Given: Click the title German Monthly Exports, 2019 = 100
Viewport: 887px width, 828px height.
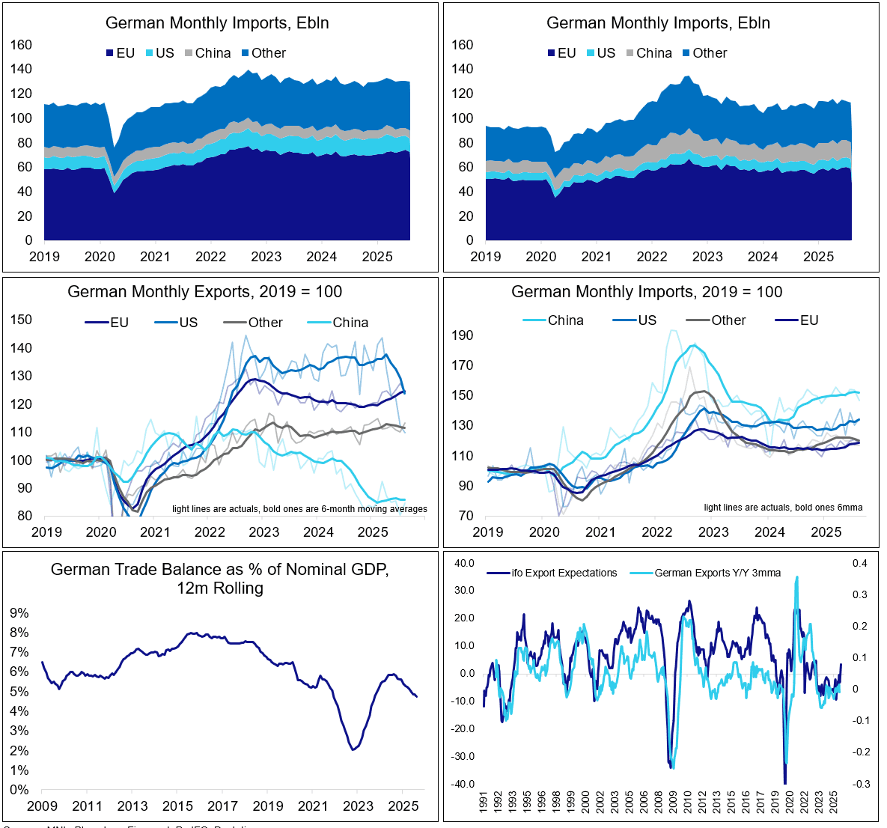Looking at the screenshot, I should coord(204,292).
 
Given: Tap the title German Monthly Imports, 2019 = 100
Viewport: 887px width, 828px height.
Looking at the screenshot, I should coord(647,292).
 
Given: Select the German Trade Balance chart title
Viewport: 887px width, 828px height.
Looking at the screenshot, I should coord(220,579).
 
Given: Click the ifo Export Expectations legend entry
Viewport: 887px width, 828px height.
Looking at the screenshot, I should coord(564,573).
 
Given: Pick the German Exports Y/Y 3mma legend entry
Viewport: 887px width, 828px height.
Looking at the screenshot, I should coord(717,573).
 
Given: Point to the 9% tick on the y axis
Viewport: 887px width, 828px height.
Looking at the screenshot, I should coord(19,613).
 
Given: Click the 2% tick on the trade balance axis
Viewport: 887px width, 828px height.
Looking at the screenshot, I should coord(19,751).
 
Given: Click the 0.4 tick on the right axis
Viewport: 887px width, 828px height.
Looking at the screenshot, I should coord(860,563).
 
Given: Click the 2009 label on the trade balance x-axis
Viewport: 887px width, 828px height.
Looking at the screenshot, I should coord(42,806).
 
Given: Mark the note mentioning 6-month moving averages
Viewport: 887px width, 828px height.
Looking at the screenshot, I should coord(299,509).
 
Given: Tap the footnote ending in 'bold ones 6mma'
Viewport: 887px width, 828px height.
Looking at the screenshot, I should coord(783,508).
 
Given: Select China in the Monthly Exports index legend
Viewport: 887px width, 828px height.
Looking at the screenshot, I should coord(350,323).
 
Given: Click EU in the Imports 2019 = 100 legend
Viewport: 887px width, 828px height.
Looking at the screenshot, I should coord(808,320).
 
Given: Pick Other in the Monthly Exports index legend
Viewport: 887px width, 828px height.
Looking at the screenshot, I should coord(265,323).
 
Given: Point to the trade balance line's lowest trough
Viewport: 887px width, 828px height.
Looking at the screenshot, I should coord(353,749).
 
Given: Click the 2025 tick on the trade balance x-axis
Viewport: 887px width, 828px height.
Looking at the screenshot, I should coord(403,806).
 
